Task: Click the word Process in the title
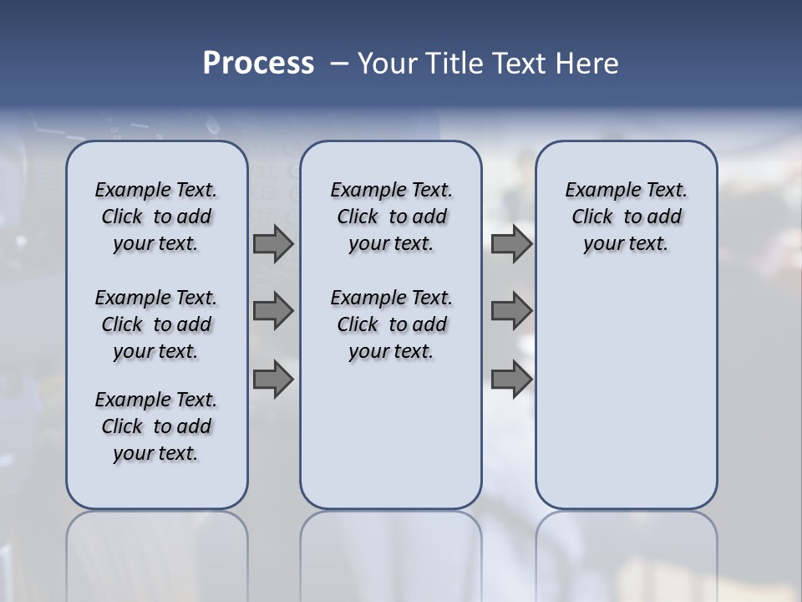coord(258,63)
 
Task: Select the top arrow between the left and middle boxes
coord(272,244)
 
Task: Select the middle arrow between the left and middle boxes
coord(272,311)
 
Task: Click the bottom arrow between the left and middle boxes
coord(272,379)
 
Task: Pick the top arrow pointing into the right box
coord(511,244)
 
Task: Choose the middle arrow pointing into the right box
coord(511,311)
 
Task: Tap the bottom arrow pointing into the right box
coord(511,379)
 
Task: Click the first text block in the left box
coord(156,217)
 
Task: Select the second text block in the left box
coord(156,324)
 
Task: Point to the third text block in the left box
coord(156,426)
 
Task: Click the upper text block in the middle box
coord(391,217)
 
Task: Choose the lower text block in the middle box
coord(391,324)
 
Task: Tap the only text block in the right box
coord(626,217)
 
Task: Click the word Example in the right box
coord(596,190)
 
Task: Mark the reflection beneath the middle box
coord(391,552)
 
